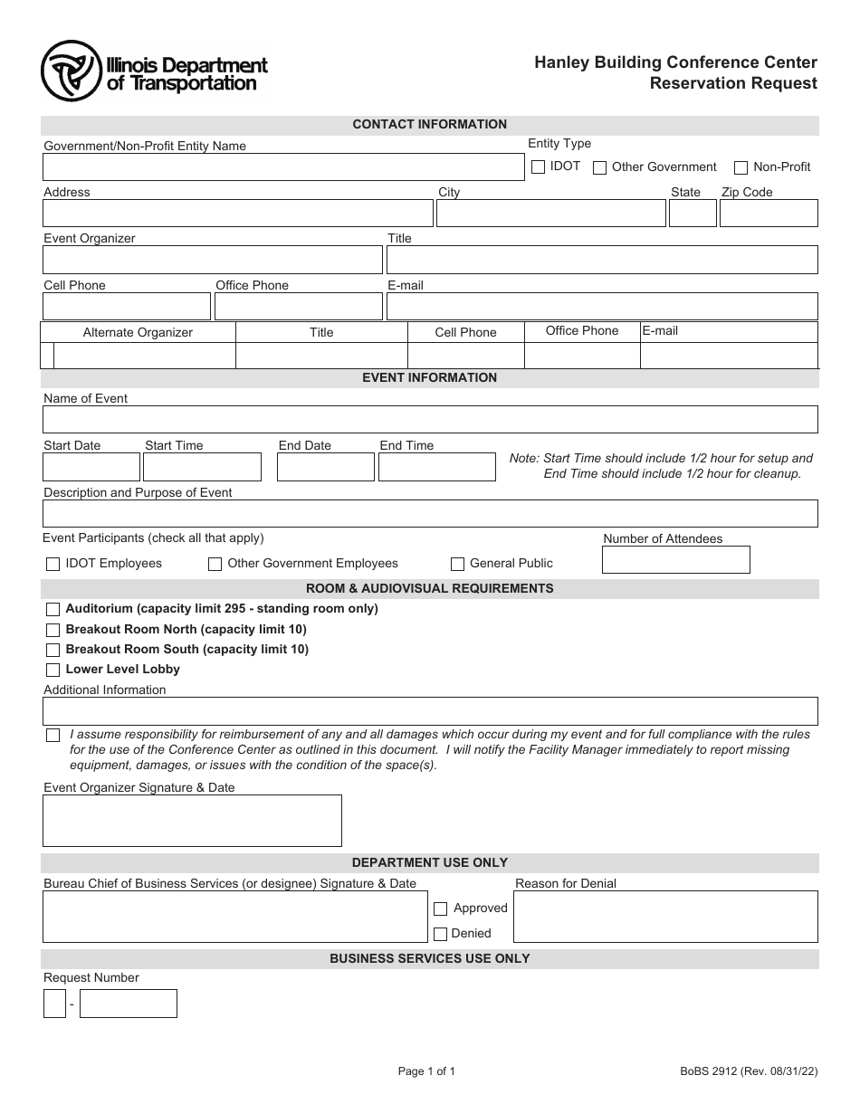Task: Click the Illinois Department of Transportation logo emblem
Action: coord(71,71)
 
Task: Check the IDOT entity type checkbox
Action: coord(538,167)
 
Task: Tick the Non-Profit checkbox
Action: coord(741,167)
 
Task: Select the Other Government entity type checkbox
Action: coord(599,167)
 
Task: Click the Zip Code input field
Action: coord(769,214)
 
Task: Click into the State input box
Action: coord(693,214)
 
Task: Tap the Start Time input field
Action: coord(202,467)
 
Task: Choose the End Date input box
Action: coord(325,467)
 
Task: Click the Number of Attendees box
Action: coord(675,560)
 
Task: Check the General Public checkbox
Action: coord(458,564)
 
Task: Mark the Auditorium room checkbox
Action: coord(53,609)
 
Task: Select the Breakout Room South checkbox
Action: coord(53,650)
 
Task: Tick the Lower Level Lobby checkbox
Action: coord(53,670)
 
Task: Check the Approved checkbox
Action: coord(441,908)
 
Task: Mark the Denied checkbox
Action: coord(441,934)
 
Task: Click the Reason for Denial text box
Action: coord(665,917)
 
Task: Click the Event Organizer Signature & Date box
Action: coord(192,821)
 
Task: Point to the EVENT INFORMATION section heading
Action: coord(429,378)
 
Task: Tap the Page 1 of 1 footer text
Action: coord(426,1072)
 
